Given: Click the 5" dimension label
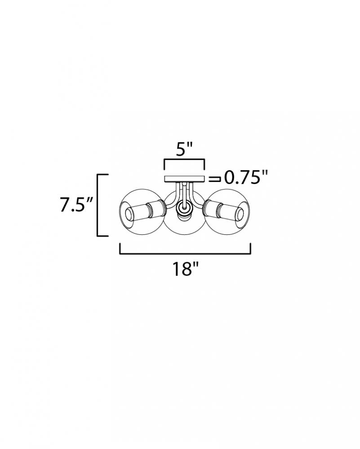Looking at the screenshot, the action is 183,150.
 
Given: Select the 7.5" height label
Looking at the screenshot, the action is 76,204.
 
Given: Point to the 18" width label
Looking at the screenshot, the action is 185,269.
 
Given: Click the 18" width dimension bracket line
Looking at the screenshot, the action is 185,253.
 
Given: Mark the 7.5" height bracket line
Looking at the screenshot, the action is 98,205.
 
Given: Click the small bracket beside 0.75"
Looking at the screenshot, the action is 214,179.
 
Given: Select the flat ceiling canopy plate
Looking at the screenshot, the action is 184,179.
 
